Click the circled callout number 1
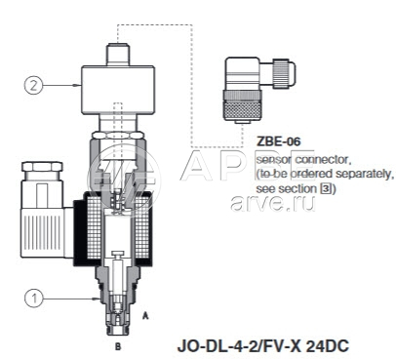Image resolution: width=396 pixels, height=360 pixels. pos(34,299)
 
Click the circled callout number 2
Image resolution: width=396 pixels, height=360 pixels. pos(34,85)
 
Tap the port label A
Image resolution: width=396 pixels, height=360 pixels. pos(145,315)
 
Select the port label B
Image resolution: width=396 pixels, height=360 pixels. pos(118,346)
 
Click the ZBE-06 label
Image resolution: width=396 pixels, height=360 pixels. pos(279,141)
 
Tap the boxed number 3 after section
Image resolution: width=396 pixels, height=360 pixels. pos(325,189)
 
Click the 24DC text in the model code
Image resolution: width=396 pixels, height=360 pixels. pos(328,346)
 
